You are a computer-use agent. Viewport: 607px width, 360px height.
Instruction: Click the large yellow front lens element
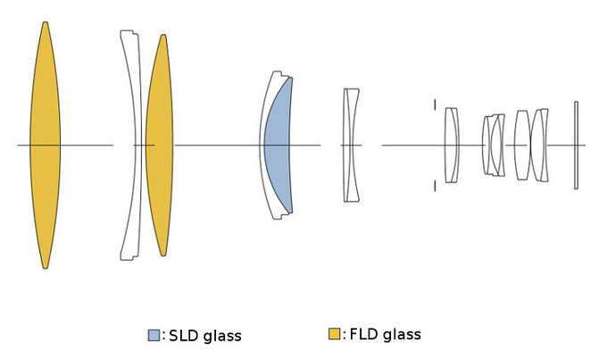tap(45, 145)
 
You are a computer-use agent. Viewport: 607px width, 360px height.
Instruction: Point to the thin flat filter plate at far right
tap(577, 145)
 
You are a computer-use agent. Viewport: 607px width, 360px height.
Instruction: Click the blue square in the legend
tap(154, 336)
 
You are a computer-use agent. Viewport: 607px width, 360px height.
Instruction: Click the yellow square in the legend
tap(335, 335)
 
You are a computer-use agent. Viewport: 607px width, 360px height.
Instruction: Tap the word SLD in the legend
tap(182, 336)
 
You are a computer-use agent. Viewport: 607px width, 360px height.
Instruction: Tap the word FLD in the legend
tap(362, 335)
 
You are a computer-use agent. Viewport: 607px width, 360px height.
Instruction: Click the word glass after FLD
tap(403, 335)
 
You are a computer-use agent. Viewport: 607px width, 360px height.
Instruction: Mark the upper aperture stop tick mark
tap(435, 105)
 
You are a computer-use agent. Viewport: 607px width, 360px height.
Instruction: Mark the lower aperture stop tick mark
tap(435, 185)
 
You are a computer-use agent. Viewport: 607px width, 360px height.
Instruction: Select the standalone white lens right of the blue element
tap(351, 145)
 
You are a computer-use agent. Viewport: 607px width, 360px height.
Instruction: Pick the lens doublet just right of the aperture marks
tap(452, 145)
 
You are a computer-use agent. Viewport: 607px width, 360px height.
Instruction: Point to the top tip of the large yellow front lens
tap(45, 23)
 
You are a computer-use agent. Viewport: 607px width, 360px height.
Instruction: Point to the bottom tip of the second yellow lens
tap(162, 255)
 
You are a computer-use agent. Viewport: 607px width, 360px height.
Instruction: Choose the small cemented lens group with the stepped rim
tap(493, 145)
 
